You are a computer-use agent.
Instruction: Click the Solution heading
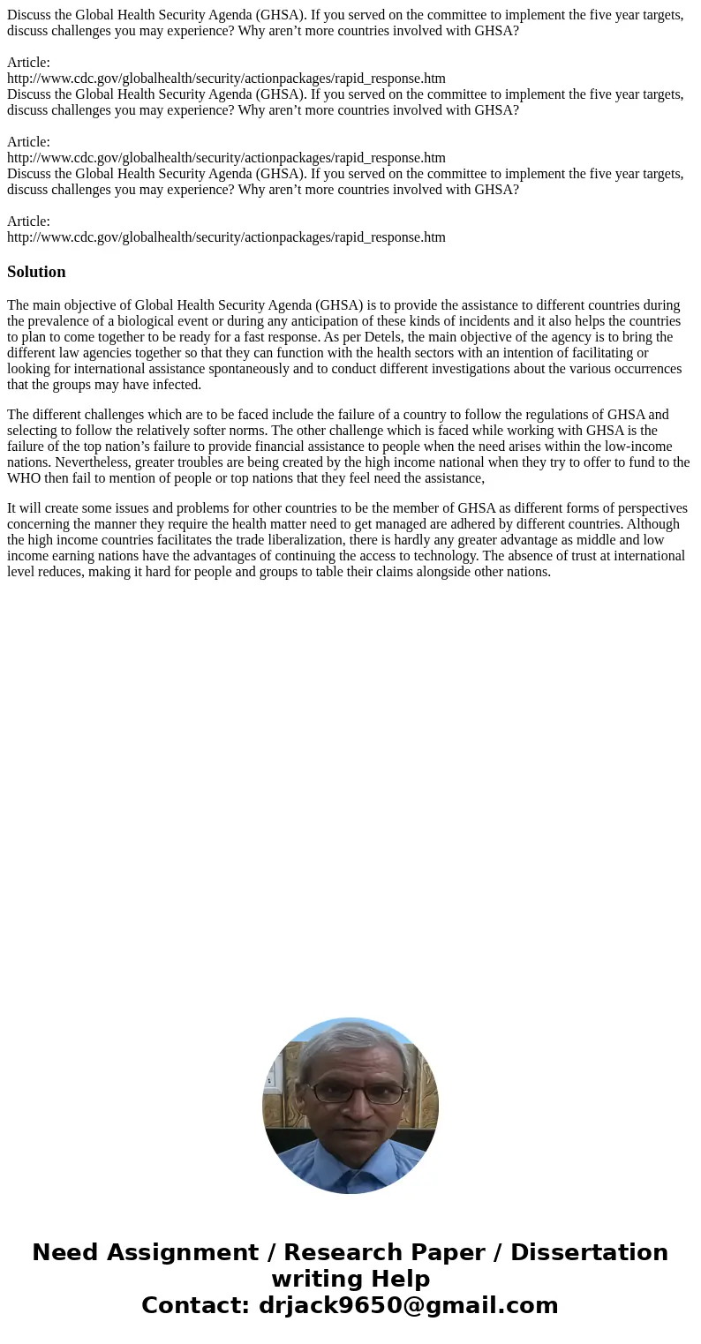[36, 272]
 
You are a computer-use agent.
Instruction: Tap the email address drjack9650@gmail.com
[408, 1306]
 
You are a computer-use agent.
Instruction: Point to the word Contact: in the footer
[196, 1306]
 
